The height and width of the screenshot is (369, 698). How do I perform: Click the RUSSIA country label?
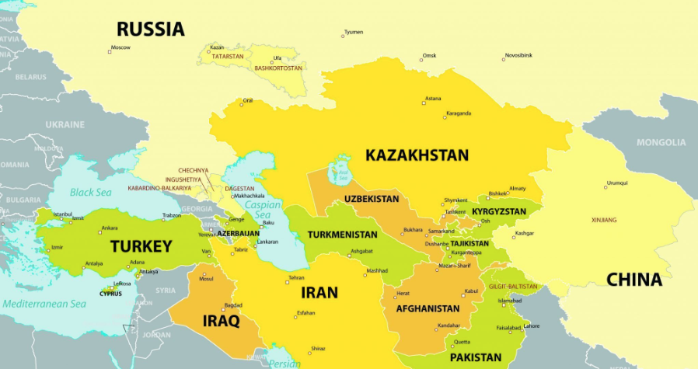pos(151,30)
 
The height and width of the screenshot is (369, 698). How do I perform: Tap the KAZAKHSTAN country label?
pos(417,155)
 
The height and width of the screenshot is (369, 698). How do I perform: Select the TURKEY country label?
pos(141,246)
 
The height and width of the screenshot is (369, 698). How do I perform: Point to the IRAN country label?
pos(319,293)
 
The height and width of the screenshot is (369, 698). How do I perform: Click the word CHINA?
pos(633,280)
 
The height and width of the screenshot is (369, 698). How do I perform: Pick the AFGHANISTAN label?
pos(428,308)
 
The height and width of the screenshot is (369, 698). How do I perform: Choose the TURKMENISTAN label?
pos(342,235)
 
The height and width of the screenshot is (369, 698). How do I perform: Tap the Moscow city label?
pos(120,47)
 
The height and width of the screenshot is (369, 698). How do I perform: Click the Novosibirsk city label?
pos(518,55)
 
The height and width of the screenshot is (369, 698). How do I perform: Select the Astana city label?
pos(433,99)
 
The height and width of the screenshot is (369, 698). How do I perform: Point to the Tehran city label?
pos(296,277)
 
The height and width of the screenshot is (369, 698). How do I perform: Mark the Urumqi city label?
pos(617,183)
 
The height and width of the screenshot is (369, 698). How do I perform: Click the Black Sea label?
pos(91,192)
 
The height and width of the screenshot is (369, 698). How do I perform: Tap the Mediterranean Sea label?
pos(44,304)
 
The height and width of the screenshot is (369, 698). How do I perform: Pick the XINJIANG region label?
pos(604,220)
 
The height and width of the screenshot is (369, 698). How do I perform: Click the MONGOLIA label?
pos(661,142)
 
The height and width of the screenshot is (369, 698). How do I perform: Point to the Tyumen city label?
pos(354,32)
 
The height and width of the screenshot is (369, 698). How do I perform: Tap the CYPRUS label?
pos(110,294)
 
